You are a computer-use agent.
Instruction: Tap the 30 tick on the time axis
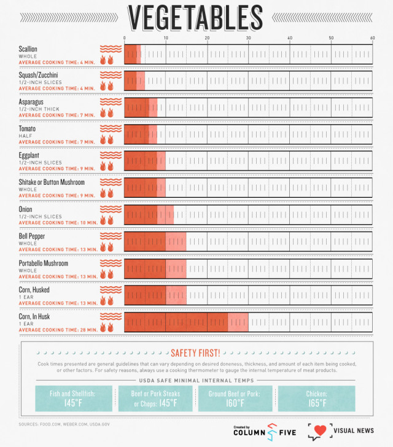click(x=249, y=38)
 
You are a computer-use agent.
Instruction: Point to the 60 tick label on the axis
click(x=372, y=38)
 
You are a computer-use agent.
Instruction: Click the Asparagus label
click(x=34, y=102)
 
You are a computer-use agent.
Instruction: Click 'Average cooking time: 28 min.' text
click(x=58, y=330)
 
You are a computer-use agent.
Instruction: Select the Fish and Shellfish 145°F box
click(x=74, y=398)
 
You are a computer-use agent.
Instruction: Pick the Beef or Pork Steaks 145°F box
click(x=155, y=398)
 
